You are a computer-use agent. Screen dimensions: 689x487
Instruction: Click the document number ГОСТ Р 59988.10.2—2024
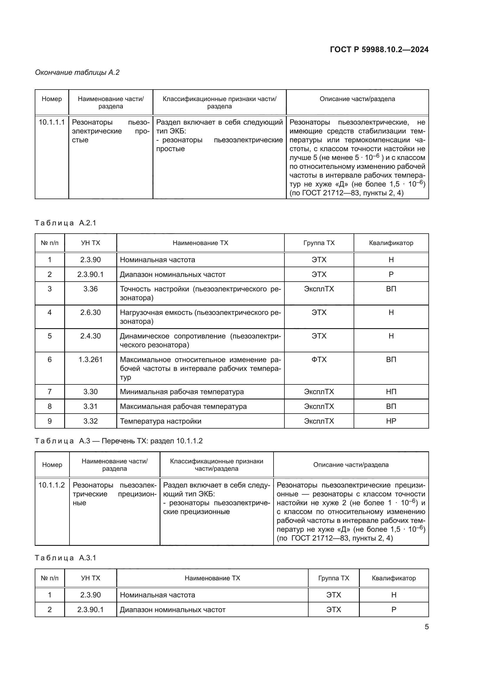(x=379, y=50)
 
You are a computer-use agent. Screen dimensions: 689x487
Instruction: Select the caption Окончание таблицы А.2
(x=77, y=72)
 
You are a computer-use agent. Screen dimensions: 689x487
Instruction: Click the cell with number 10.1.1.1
(x=52, y=123)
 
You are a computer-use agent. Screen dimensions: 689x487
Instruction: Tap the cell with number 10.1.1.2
(x=52, y=485)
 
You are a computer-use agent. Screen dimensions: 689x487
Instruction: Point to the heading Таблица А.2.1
(x=65, y=223)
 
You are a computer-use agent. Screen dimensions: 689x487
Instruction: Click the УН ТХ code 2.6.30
(x=90, y=312)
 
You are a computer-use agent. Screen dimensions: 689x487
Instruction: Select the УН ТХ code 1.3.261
(x=90, y=359)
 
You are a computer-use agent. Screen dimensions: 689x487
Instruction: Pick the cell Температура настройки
(x=160, y=421)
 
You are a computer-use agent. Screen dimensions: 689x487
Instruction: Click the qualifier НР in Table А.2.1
(x=391, y=421)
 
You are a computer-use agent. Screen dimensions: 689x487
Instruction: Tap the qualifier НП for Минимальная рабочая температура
(x=391, y=391)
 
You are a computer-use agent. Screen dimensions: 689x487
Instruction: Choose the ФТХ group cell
(x=319, y=359)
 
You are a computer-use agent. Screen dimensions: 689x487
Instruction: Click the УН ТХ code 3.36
(x=90, y=289)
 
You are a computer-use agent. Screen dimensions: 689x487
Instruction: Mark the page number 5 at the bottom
(x=426, y=627)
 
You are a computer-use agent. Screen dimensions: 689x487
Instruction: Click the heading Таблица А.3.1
(x=65, y=558)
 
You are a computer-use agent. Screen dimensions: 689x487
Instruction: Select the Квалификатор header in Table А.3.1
(x=393, y=578)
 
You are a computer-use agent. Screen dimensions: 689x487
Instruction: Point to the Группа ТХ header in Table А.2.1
(x=319, y=243)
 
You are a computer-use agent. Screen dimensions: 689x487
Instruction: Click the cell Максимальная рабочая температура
(x=183, y=406)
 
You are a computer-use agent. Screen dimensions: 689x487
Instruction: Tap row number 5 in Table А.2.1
(x=50, y=336)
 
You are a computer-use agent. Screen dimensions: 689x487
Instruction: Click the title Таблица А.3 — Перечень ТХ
(x=119, y=441)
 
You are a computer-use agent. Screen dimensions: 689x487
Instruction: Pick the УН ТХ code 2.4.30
(x=90, y=336)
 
